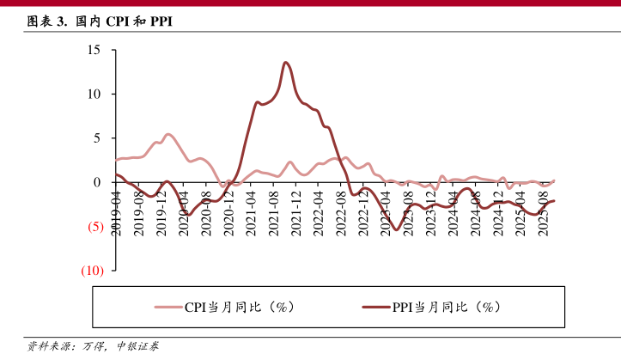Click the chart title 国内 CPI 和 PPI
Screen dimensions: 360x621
(x=100, y=21)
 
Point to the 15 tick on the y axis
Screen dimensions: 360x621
(x=94, y=50)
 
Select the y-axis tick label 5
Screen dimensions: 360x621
(x=97, y=137)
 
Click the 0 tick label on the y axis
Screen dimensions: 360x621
(x=97, y=182)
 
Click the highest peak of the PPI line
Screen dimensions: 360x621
(x=285, y=62)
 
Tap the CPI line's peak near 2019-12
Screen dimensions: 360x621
(x=167, y=134)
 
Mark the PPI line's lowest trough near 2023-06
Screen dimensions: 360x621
(x=396, y=231)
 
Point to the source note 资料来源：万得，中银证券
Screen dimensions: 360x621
(x=93, y=347)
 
